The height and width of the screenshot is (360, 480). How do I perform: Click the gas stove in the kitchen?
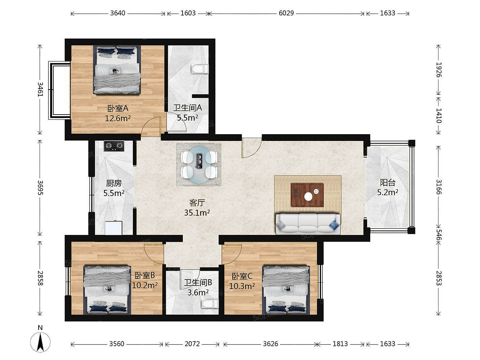[x=114, y=146]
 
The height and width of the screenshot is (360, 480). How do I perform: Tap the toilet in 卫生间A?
[x=200, y=69]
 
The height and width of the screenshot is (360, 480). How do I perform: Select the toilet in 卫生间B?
[x=210, y=304]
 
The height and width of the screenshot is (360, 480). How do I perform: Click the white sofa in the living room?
[x=308, y=224]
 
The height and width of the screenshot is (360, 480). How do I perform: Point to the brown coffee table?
[x=307, y=195]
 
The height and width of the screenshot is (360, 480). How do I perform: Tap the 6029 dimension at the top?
[x=286, y=13]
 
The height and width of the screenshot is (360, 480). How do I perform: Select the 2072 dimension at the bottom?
[x=192, y=344]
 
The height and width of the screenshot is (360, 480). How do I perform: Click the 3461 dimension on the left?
[x=40, y=89]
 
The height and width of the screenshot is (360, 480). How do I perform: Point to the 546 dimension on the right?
[x=438, y=234]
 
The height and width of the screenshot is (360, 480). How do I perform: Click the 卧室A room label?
[x=118, y=108]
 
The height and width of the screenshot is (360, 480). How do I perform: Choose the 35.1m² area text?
[x=197, y=213]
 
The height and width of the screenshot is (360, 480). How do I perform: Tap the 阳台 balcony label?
[x=387, y=183]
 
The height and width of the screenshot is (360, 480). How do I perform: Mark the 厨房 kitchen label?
[x=114, y=183]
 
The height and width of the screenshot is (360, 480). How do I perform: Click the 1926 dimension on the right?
[x=438, y=70]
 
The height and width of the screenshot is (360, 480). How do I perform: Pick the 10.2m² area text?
[x=145, y=285]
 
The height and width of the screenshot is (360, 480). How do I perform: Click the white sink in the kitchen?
[x=113, y=228]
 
